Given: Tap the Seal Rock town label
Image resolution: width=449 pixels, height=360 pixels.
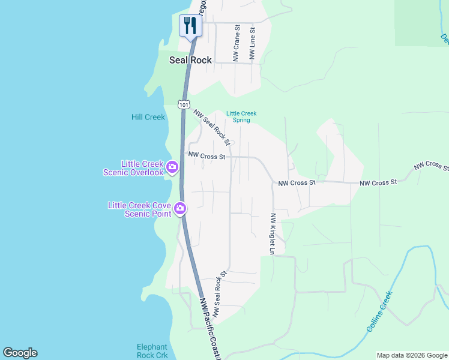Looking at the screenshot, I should point(190,60).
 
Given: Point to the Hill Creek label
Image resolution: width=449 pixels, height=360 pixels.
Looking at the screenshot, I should point(148,117).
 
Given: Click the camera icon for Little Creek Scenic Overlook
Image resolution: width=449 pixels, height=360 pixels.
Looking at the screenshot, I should point(172,167).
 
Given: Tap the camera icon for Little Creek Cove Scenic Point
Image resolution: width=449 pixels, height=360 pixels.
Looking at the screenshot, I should point(180,209).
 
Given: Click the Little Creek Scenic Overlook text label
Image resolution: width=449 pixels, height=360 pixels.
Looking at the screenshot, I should point(142,168).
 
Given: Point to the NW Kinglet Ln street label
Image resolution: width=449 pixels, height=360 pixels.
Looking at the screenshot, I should point(272,233).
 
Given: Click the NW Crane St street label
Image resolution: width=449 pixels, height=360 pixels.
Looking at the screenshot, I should point(237,43).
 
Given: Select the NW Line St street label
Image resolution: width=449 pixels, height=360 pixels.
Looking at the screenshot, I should point(253,43).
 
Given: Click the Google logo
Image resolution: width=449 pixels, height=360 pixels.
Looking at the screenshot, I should point(20,353).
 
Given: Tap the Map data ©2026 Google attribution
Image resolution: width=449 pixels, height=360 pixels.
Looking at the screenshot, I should point(412,355).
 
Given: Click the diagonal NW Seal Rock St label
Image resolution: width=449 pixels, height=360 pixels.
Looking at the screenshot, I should point(212,127).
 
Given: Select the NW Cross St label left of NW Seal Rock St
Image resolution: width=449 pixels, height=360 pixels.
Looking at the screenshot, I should point(206,155).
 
